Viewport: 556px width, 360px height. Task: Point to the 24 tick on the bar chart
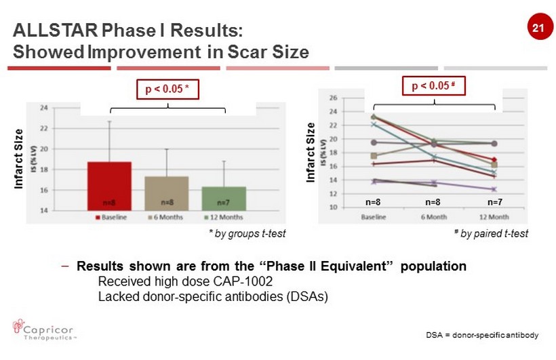tap(43, 108)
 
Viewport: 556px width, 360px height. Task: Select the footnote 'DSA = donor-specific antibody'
tap(482, 336)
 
